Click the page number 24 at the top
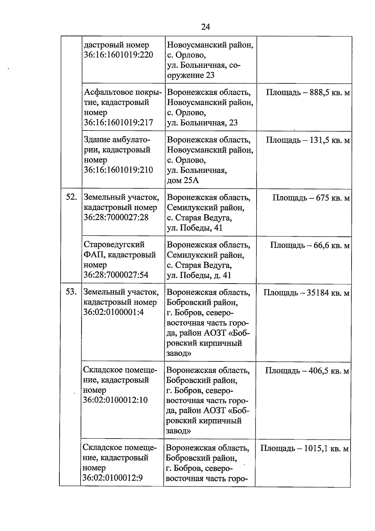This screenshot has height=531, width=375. pos(205,27)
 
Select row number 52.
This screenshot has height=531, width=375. pos(71,197)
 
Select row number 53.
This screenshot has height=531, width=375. pos(71,292)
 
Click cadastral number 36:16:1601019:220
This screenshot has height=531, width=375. pos(118,55)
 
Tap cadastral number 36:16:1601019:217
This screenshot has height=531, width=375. pos(118,122)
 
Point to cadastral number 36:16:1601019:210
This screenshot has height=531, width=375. pos(118,170)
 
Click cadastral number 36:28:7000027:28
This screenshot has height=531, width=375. pos(116,217)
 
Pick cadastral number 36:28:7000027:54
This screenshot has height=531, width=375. pos(116,275)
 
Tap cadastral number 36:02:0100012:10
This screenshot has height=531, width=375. pos(115,400)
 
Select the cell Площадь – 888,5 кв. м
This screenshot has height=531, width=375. pos(307,93)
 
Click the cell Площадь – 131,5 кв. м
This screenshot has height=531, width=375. pos(307,140)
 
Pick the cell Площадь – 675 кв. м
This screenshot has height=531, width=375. pos(311,198)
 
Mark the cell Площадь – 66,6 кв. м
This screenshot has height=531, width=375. pos(309,246)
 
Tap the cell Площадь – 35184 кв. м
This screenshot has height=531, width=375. pos(306,293)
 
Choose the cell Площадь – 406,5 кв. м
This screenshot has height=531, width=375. pos(307,371)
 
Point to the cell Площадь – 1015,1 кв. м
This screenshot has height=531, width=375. pos(304,449)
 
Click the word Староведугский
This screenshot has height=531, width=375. pos(114,245)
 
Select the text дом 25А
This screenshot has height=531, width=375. pos(183,181)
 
